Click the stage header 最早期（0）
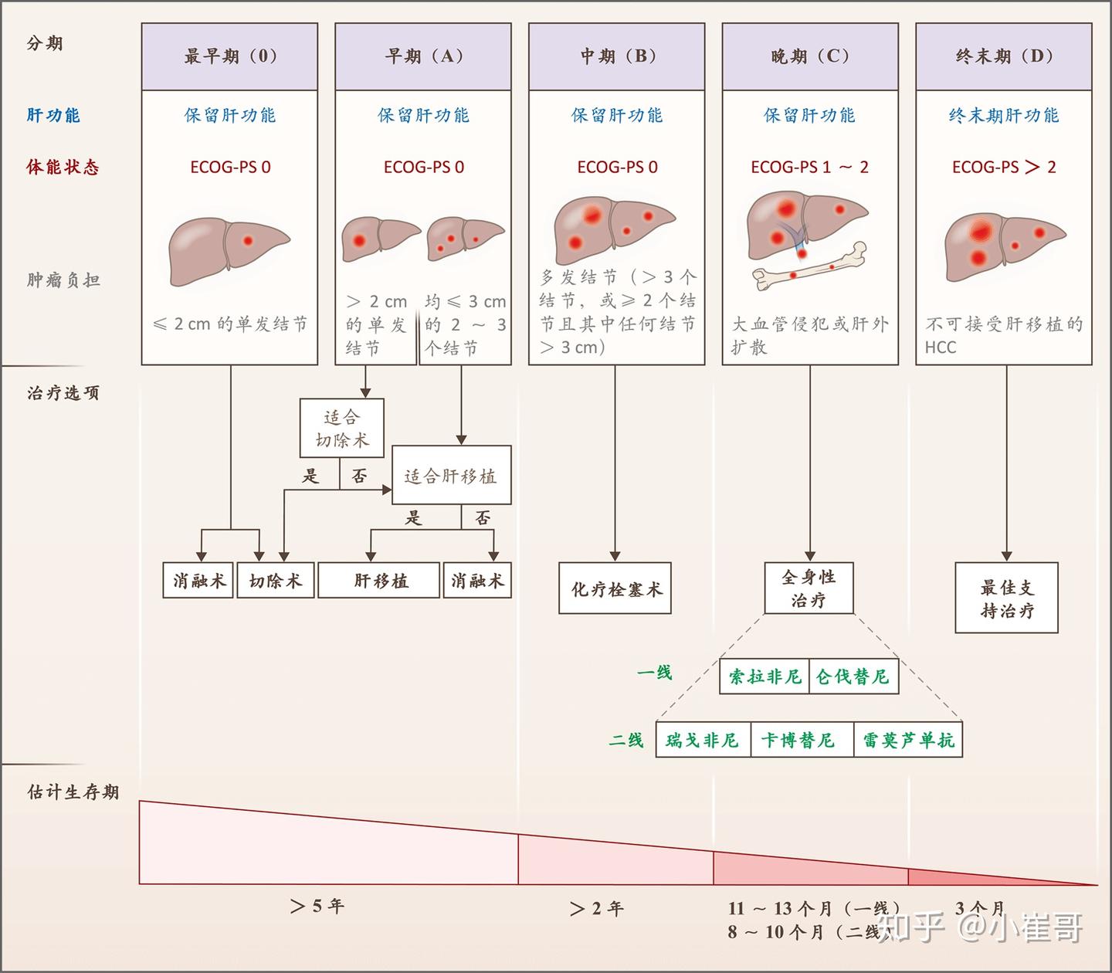(x=229, y=56)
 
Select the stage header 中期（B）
(x=616, y=56)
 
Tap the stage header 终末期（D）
(x=1004, y=56)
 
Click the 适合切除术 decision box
(x=341, y=429)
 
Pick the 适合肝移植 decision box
(x=451, y=476)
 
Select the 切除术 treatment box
(x=275, y=581)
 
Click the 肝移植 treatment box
(x=381, y=581)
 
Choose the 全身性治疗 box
(x=809, y=588)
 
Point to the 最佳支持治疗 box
(x=1006, y=598)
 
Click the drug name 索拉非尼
(x=764, y=677)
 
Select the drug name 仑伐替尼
(x=853, y=677)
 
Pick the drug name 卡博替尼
(x=798, y=741)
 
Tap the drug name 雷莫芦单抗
(x=908, y=741)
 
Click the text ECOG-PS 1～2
(x=809, y=168)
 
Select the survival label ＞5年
(x=317, y=907)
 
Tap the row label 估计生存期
(x=73, y=792)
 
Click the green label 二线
(x=626, y=741)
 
